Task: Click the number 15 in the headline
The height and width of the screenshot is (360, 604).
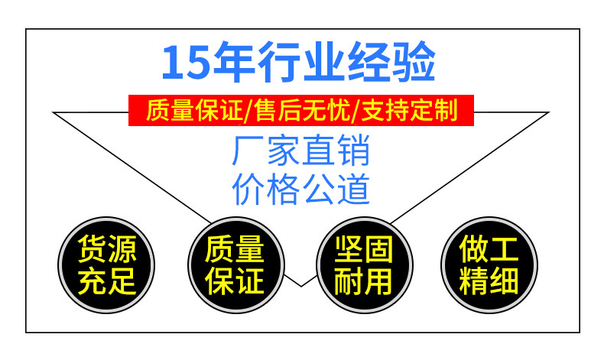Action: pos(183,63)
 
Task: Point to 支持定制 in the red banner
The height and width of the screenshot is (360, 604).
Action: pos(413,111)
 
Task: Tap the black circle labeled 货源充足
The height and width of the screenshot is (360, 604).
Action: pos(107,266)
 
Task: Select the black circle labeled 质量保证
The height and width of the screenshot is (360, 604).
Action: pos(235,266)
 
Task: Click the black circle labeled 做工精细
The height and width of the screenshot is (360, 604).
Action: pos(489,266)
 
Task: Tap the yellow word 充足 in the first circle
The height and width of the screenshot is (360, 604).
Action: pos(107,282)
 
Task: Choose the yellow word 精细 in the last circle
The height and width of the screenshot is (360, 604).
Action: pos(489,282)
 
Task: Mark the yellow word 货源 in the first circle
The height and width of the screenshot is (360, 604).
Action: pos(107,250)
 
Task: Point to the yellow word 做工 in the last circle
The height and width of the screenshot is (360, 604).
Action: pos(489,250)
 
